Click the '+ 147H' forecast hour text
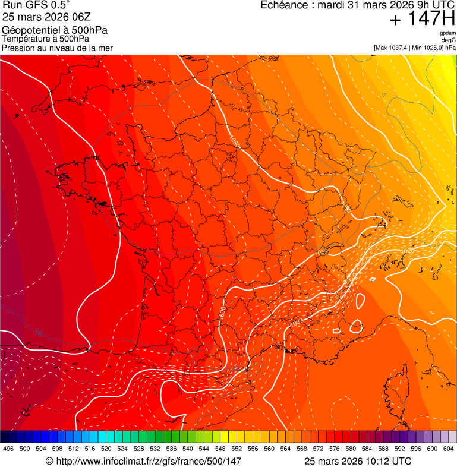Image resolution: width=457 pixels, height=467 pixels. [422, 19]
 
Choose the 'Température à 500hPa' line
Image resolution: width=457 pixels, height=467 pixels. [45, 39]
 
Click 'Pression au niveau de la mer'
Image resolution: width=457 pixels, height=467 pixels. [57, 48]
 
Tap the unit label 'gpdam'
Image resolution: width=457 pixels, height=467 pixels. [448, 33]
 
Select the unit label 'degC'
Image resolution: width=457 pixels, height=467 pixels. [449, 40]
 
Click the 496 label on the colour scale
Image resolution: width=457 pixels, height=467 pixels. [8, 449]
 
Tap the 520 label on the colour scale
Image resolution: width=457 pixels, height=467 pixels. [106, 449]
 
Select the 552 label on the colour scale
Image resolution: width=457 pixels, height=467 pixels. [237, 449]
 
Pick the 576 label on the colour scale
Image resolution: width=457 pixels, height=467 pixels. [335, 449]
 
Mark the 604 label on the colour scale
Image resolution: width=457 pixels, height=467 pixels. [449, 449]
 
